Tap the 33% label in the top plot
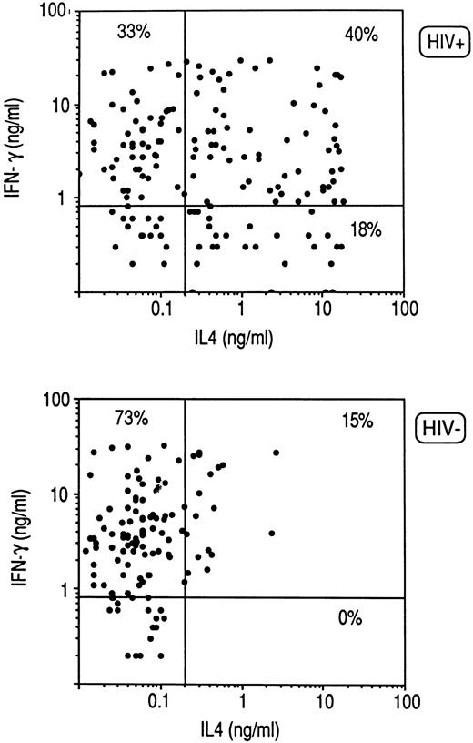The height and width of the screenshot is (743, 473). pos(133,32)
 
